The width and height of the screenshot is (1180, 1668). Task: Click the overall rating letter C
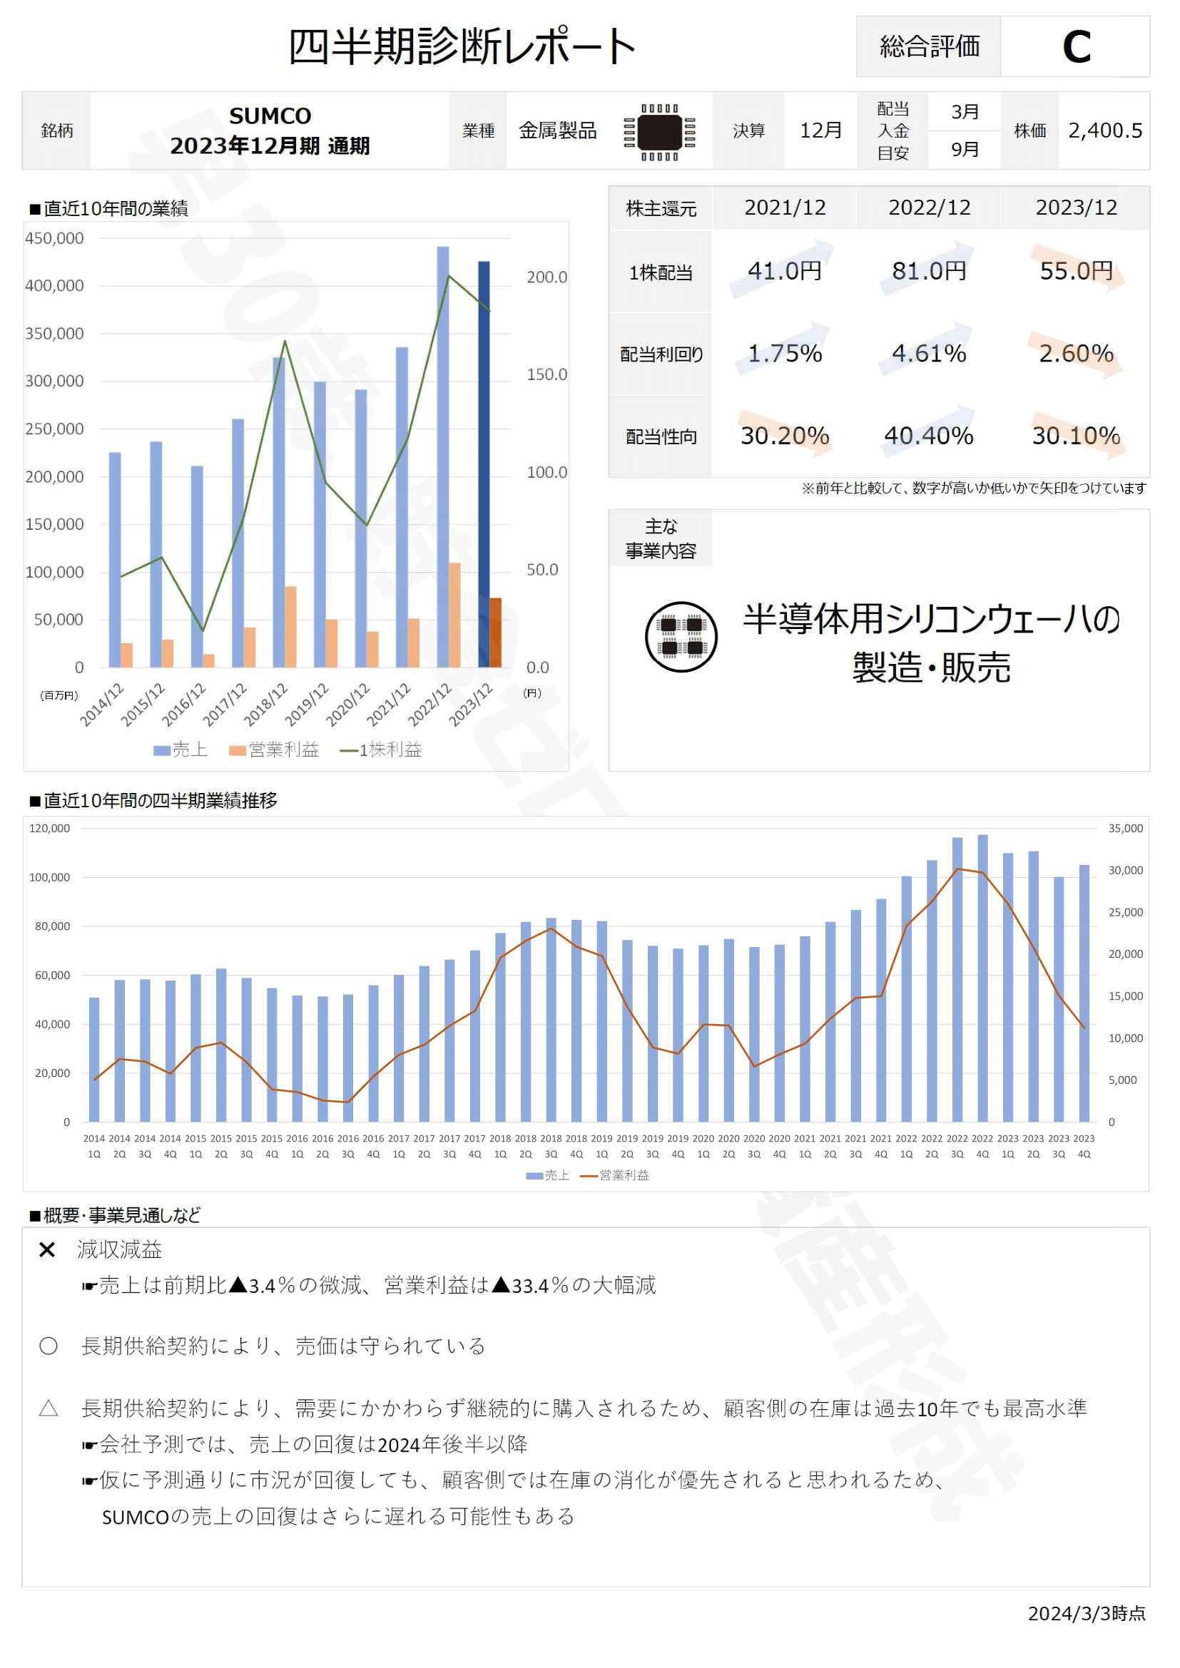point(1076,47)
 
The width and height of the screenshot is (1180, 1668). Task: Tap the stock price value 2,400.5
point(1104,131)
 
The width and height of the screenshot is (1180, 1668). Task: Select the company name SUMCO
point(270,116)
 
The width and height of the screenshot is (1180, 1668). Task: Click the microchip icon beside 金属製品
point(660,132)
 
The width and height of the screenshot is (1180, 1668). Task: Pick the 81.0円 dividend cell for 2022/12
point(929,271)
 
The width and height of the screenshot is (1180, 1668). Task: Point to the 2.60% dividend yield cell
point(1075,354)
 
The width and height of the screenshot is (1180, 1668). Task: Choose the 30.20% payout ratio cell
point(785,436)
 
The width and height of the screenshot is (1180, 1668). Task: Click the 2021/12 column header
point(785,208)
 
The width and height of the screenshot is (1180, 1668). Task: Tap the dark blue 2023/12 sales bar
point(484,465)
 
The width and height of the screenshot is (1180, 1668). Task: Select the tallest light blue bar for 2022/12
point(442,458)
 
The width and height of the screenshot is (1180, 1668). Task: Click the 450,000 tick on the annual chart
point(54,238)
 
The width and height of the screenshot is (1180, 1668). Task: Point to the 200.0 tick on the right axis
point(546,277)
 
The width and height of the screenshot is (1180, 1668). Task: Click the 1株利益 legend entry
point(382,749)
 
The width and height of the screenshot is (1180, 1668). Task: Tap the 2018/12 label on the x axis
point(266,705)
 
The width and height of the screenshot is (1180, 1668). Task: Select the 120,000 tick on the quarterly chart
point(49,828)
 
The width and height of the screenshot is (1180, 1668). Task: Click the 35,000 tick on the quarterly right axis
point(1125,828)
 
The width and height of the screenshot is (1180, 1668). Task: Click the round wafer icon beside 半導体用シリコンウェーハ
point(681,637)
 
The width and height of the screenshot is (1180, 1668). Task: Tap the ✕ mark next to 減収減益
point(47,1249)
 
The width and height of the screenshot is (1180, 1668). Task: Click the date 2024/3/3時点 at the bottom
point(1087,1614)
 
